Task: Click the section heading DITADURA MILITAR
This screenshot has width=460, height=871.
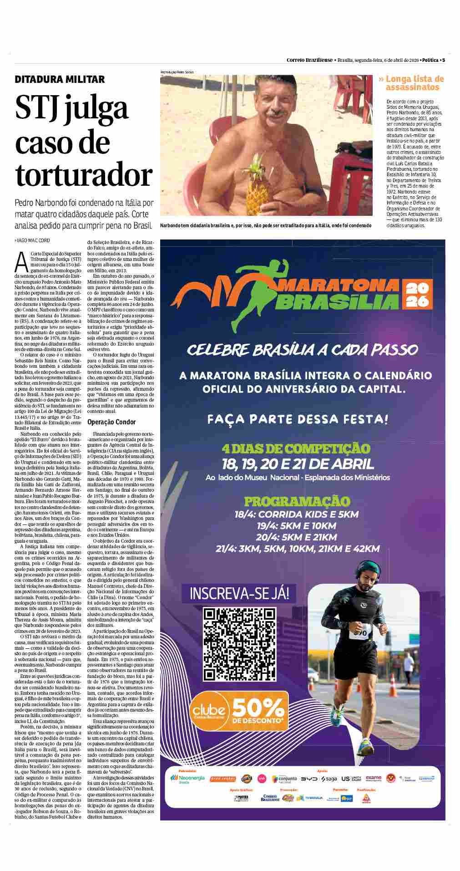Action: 60,79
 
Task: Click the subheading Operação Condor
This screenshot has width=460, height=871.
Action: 111,422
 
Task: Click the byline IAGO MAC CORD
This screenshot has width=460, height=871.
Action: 33,240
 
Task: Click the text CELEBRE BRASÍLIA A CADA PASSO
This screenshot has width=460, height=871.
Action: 302,350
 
